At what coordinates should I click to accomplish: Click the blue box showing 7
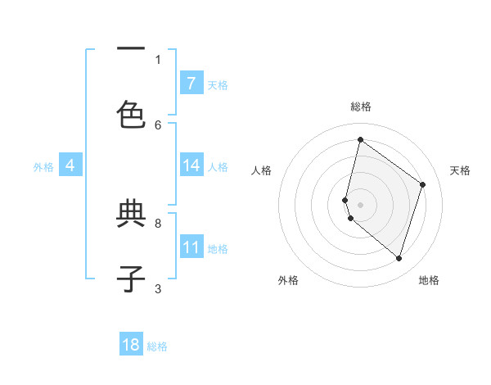click(x=191, y=83)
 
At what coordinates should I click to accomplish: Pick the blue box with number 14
click(x=191, y=165)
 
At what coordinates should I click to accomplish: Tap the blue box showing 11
click(x=191, y=247)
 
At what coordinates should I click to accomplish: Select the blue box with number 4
click(x=70, y=165)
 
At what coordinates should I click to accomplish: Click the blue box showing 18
click(x=131, y=345)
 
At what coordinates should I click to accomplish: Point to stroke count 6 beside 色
click(x=158, y=125)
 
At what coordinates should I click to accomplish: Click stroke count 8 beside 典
click(x=158, y=223)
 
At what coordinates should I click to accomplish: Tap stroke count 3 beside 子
click(x=158, y=288)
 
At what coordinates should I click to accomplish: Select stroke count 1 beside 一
click(x=158, y=59)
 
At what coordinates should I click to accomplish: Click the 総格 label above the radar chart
click(x=360, y=106)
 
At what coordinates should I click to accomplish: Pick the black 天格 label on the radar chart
click(x=460, y=170)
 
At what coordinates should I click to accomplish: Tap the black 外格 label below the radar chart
click(x=288, y=280)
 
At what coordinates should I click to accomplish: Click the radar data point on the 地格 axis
click(x=399, y=258)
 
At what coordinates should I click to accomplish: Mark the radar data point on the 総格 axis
click(x=360, y=140)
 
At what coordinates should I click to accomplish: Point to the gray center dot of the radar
click(x=360, y=204)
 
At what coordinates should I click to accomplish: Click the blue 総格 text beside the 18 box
click(x=157, y=346)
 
